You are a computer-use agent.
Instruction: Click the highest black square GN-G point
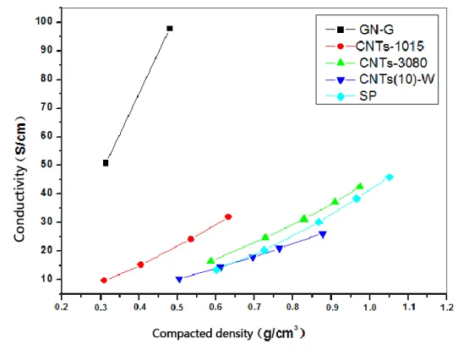click(x=170, y=29)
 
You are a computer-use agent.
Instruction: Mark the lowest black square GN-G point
click(x=106, y=162)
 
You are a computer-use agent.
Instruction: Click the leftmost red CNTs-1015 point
click(x=104, y=280)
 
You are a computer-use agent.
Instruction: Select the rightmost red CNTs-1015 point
click(x=228, y=217)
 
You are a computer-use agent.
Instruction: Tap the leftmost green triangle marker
click(x=210, y=260)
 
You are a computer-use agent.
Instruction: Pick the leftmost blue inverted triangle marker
click(x=179, y=279)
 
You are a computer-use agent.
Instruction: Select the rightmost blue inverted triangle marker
click(x=322, y=235)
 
